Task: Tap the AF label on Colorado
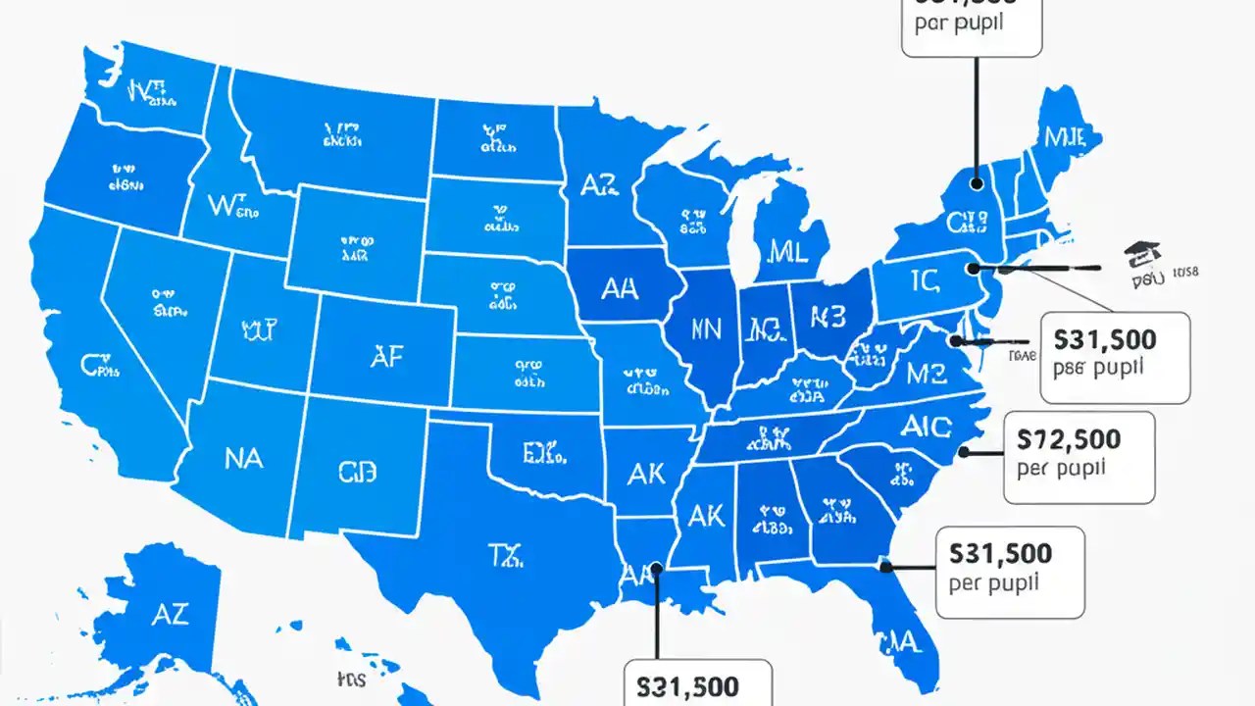point(386,358)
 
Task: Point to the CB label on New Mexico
point(357,473)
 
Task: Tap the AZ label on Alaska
point(170,615)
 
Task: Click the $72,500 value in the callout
point(1070,437)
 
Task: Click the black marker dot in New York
point(977,182)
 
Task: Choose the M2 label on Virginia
point(927,374)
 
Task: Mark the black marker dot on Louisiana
point(656,567)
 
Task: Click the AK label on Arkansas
point(646,474)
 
